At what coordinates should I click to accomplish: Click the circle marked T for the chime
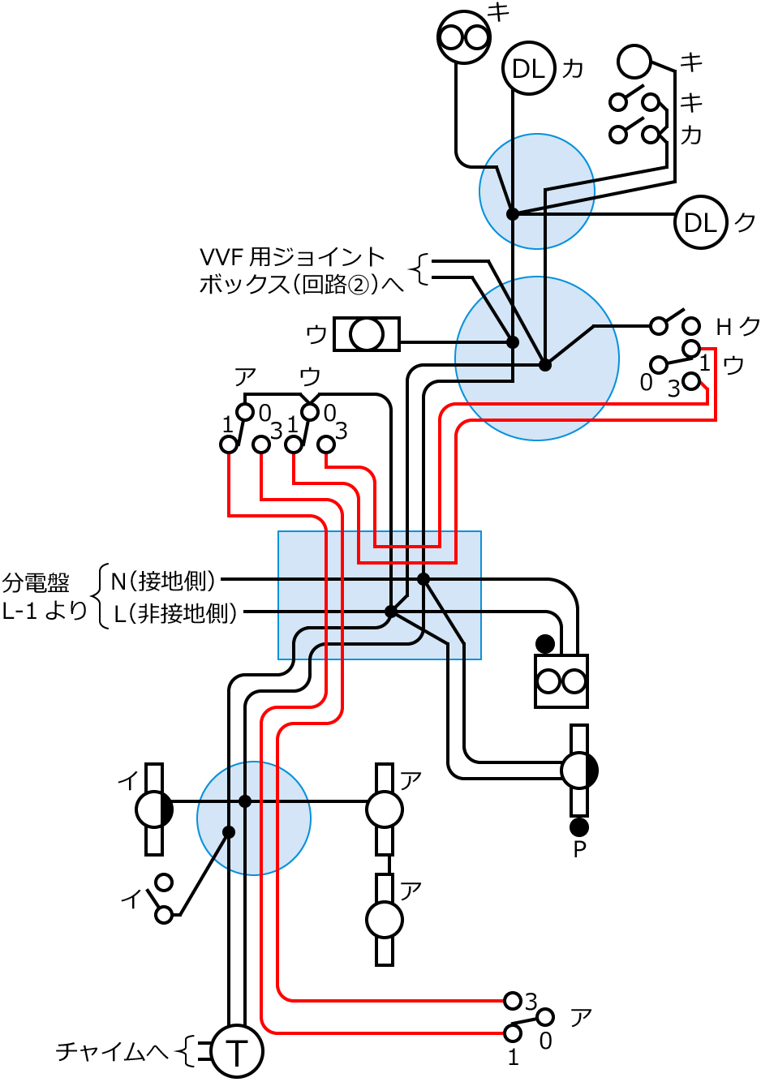pos(236,1052)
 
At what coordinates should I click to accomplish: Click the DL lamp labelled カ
pos(528,69)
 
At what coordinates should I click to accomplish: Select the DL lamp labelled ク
pos(700,222)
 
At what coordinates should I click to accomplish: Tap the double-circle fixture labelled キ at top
pos(464,36)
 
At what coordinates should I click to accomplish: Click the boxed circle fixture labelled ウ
pos(368,334)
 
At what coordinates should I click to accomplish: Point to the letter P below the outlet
pos(579,850)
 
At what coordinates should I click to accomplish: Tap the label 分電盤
pos(36,582)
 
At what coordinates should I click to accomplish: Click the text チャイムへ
pos(112,1052)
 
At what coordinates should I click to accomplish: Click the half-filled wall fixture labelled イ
pos(153,809)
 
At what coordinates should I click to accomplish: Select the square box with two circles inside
pos(561,681)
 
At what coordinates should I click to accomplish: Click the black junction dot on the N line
pos(423,578)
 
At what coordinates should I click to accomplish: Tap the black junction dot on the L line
pos(390,612)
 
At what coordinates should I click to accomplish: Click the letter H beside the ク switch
pos(724,326)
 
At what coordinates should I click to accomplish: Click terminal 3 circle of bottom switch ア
pos(513,1000)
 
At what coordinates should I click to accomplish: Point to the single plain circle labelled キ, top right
pos(634,61)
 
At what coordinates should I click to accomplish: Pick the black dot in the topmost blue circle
pos(513,214)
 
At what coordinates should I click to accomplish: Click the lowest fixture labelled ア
pos(385,920)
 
